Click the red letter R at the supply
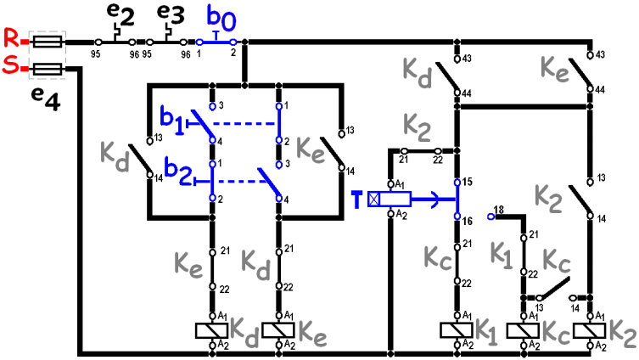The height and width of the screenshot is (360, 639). (x=11, y=38)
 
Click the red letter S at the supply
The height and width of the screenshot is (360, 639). (x=11, y=65)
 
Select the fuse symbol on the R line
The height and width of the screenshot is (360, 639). (x=48, y=42)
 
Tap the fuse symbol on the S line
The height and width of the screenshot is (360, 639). (x=48, y=69)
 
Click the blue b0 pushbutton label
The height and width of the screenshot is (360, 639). (x=221, y=18)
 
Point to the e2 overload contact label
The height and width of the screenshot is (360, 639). (x=121, y=14)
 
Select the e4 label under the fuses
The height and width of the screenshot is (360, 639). (x=46, y=99)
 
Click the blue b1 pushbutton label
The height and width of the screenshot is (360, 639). (x=172, y=121)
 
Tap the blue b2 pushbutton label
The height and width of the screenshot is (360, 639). (x=177, y=172)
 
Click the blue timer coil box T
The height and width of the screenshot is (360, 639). (x=390, y=199)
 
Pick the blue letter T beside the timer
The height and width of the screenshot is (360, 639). (x=357, y=200)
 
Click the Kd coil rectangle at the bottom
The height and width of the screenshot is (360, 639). (x=211, y=330)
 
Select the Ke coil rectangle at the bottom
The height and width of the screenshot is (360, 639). (x=278, y=330)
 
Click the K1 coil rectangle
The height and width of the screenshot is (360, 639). (x=457, y=330)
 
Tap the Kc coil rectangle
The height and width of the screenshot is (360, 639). (x=523, y=330)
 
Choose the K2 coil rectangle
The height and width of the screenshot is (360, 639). (x=589, y=330)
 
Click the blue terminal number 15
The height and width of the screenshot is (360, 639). (x=468, y=182)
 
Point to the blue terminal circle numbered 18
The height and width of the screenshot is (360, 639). (x=491, y=217)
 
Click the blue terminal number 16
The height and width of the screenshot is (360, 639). (x=468, y=221)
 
